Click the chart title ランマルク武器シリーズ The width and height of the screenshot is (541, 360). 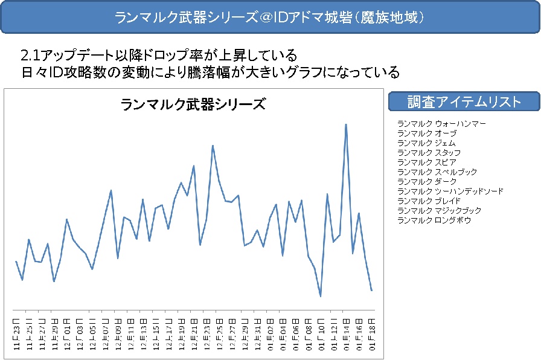[x=193, y=104]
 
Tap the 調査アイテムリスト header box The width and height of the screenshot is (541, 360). [x=464, y=101]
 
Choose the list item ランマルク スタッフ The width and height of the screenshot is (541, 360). [x=429, y=153]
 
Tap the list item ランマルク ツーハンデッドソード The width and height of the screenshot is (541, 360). [x=450, y=191]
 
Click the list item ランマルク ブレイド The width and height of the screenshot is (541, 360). [x=429, y=201]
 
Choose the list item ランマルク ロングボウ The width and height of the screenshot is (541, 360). [x=434, y=220]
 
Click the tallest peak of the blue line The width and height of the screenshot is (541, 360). [x=346, y=124]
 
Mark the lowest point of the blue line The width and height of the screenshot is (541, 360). [x=321, y=297]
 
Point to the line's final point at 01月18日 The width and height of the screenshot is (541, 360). [x=372, y=291]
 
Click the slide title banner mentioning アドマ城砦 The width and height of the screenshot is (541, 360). [x=270, y=17]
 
